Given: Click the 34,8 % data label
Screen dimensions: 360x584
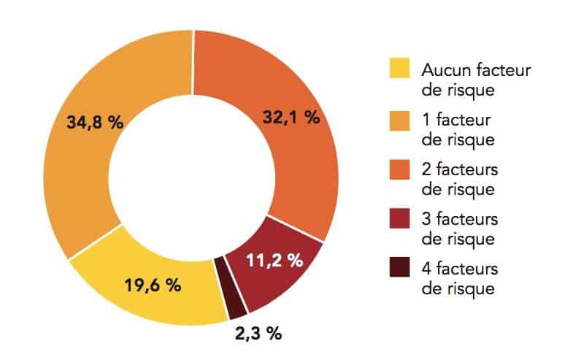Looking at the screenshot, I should [95, 123].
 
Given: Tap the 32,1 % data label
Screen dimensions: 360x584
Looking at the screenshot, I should [291, 117].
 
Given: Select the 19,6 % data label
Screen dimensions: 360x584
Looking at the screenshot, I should [152, 286].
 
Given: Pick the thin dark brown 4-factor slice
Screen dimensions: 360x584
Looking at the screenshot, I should [235, 288].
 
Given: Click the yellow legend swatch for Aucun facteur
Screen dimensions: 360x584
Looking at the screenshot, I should [400, 71].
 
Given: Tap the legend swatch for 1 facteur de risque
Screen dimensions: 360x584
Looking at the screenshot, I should [400, 120].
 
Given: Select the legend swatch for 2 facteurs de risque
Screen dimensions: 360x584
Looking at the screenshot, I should [400, 169].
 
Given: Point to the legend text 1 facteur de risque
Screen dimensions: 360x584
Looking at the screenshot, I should [458, 129].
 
